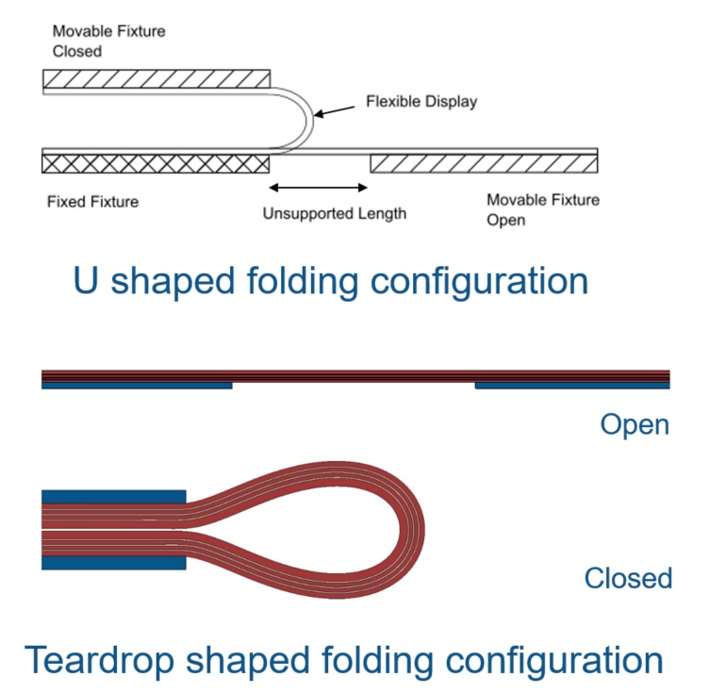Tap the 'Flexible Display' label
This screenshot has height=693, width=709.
(421, 101)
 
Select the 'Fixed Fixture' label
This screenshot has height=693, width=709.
(92, 202)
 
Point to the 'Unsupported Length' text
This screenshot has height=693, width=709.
(335, 213)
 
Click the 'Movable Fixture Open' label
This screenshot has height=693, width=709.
(542, 209)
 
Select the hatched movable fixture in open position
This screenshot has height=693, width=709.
(484, 165)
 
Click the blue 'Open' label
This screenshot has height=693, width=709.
(635, 424)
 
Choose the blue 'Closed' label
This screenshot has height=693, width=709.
(628, 578)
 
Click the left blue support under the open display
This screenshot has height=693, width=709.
(137, 386)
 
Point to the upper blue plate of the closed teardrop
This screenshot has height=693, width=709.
(113, 497)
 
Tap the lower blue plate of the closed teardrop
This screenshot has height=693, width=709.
(113, 563)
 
